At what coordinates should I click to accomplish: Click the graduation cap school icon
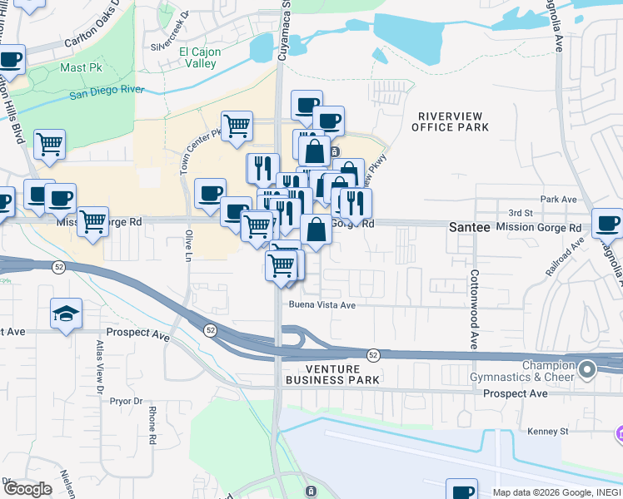(66, 313)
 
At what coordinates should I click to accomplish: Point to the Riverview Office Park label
(451, 121)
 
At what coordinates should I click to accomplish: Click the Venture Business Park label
(332, 374)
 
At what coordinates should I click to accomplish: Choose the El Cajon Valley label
(199, 58)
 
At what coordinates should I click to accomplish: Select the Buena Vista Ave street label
(322, 305)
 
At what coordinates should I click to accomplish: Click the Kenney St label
(547, 432)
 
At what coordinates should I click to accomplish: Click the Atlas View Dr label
(98, 366)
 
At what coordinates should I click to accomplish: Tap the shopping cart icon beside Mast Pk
(49, 143)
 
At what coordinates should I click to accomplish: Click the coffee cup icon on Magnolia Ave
(607, 223)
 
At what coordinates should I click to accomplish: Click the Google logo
(27, 489)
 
